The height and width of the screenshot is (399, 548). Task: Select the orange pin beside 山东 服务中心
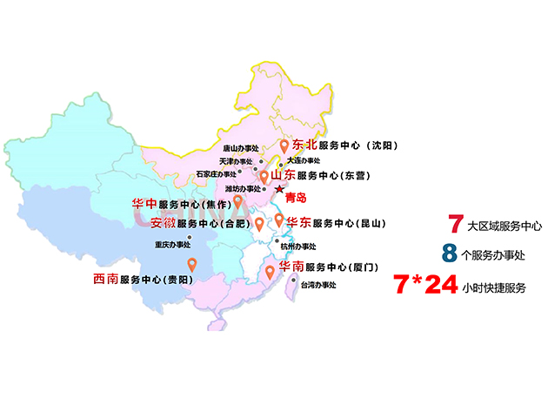(x=264, y=177)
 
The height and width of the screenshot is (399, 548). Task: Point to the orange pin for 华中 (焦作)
(x=237, y=203)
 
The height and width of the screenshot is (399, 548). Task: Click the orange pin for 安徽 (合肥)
(x=258, y=223)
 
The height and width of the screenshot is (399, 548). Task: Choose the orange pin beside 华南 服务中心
(x=270, y=272)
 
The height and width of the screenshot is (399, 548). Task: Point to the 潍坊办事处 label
(x=243, y=188)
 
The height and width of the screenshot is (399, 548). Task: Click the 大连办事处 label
(x=303, y=161)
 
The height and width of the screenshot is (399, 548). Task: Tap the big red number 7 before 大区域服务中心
(x=454, y=224)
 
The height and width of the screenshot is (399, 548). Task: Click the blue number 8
(x=449, y=254)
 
